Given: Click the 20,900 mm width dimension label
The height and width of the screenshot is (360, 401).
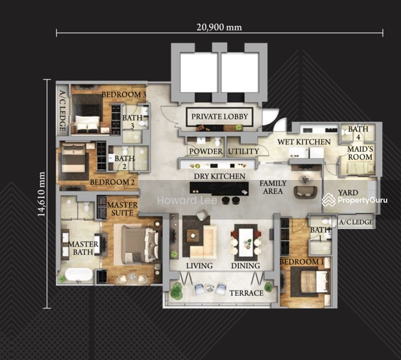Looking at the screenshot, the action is point(219,27).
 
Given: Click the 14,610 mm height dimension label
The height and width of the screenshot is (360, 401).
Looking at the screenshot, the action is point(41,194).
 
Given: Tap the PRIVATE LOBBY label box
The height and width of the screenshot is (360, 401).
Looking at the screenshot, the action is point(219,117).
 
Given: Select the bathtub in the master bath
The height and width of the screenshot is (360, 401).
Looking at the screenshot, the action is point(79,274).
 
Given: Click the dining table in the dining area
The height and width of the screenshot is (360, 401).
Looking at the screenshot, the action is point(246,242).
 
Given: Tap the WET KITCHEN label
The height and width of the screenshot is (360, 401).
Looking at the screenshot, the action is point(304,142).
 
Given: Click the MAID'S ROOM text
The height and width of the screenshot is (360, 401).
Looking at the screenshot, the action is point(360,153).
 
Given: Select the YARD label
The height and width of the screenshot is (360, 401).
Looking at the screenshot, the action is point(348,193).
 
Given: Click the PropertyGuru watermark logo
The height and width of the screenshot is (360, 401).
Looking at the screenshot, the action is point(354,200).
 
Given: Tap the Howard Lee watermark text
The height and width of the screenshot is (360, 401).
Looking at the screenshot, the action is point(187,200).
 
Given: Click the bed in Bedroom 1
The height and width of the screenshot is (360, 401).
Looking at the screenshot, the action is point(314,281).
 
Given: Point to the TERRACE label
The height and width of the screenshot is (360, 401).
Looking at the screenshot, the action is point(246,293).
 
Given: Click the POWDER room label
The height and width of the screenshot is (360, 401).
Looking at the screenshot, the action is point(206,151).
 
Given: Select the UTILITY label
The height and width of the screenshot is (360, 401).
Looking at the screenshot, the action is point(243,152).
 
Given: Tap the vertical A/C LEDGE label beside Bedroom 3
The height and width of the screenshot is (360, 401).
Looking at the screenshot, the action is point(63,111).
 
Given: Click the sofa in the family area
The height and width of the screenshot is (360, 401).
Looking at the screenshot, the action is point(306,192).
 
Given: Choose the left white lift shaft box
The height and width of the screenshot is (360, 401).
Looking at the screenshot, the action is point(199,73).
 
